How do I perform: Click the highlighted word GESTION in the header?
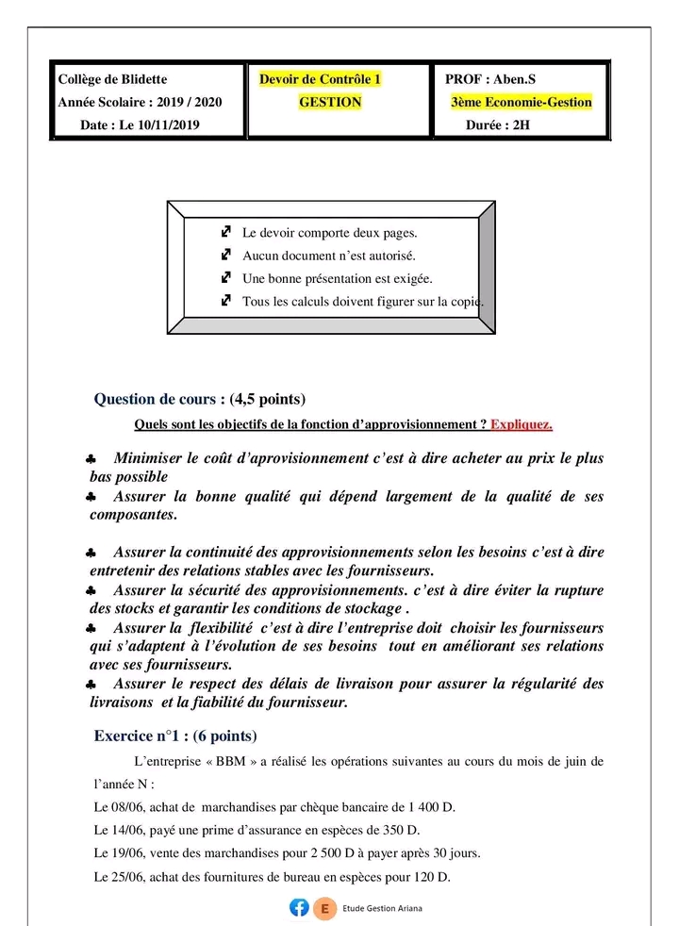330,102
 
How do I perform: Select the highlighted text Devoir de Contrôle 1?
321,79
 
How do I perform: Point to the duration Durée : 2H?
498,124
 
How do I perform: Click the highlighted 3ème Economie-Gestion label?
522,102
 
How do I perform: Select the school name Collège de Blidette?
112,79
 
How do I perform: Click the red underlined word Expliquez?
522,424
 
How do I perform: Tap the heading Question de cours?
160,399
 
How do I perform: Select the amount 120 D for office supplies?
429,877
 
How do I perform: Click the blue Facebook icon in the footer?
299,908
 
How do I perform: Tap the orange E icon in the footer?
325,908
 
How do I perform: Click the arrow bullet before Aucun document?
225,255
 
